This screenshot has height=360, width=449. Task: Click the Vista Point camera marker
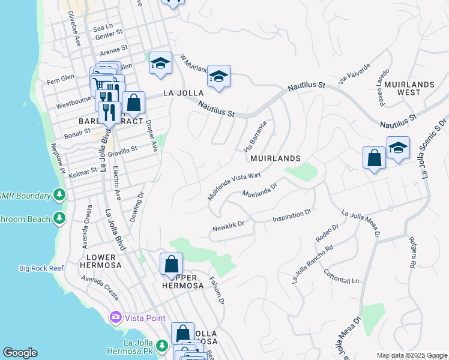(115, 317)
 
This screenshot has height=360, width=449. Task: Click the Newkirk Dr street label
(229, 227)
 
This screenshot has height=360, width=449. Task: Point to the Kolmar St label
(82, 171)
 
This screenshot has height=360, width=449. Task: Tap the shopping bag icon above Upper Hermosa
(171, 263)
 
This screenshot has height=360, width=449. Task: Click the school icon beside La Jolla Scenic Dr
(398, 148)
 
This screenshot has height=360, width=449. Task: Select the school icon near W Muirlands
(219, 76)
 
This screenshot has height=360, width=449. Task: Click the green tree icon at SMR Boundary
(59, 194)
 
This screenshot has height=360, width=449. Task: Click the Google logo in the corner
(20, 353)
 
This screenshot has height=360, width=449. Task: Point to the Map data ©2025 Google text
(411, 356)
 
